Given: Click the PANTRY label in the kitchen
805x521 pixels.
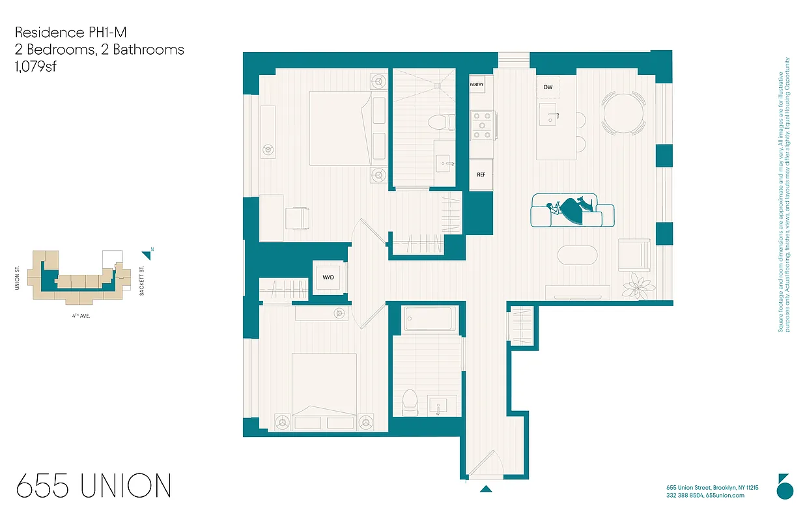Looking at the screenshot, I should click(476, 84).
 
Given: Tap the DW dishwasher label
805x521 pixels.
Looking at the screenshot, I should click(548, 87).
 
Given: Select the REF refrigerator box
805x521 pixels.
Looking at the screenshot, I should click(481, 175).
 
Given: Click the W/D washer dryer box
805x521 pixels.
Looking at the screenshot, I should click(328, 278).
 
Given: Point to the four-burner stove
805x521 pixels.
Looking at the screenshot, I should click(481, 126).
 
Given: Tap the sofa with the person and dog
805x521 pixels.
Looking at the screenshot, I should click(572, 210).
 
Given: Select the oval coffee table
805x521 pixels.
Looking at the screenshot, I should click(576, 255).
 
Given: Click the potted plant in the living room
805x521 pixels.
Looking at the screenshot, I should click(637, 285).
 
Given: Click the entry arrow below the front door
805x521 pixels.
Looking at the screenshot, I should click(486, 488).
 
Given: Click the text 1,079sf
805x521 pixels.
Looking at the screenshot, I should click(36, 66).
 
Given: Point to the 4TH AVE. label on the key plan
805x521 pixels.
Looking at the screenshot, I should click(81, 315).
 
